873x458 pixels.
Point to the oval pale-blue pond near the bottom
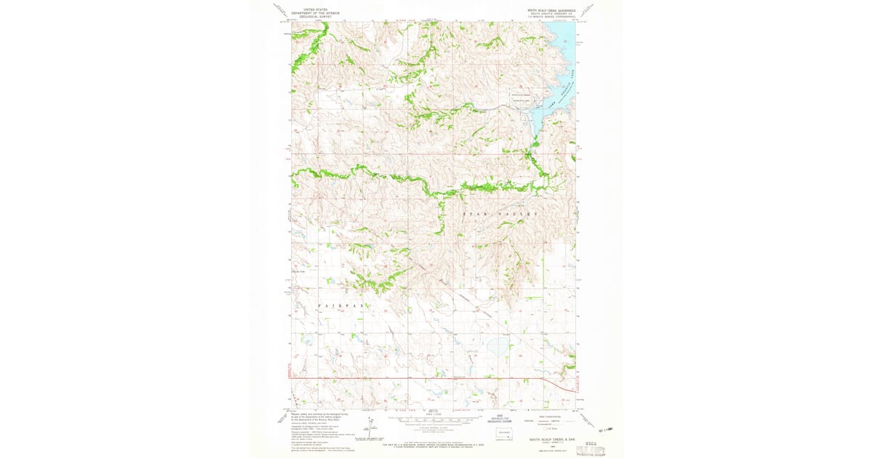pyautogui.click(x=498, y=347)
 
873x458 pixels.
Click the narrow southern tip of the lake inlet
pyautogui.click(x=533, y=135)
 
